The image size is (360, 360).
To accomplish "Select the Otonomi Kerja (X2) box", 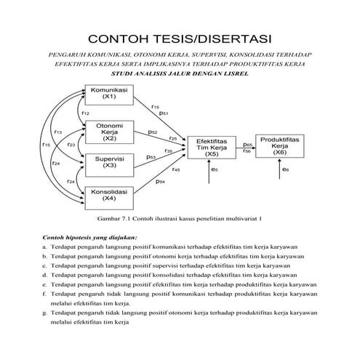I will pyautogui.click(x=109, y=132).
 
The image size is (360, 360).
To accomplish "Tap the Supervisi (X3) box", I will pyautogui.click(x=109, y=162).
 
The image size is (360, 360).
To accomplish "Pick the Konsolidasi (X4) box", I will pyautogui.click(x=109, y=195).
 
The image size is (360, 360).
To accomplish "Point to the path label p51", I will pyautogui.click(x=164, y=114).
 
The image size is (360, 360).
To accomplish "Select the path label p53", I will pyautogui.click(x=151, y=156).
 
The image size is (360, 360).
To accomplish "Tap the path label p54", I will pyautogui.click(x=160, y=182).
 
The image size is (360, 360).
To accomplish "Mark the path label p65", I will pyautogui.click(x=247, y=144).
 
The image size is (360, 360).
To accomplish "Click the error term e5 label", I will pyautogui.click(x=215, y=170).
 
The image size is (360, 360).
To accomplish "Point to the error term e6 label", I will pyautogui.click(x=284, y=170).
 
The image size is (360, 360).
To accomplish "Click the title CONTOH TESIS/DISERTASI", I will pyautogui.click(x=180, y=38).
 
